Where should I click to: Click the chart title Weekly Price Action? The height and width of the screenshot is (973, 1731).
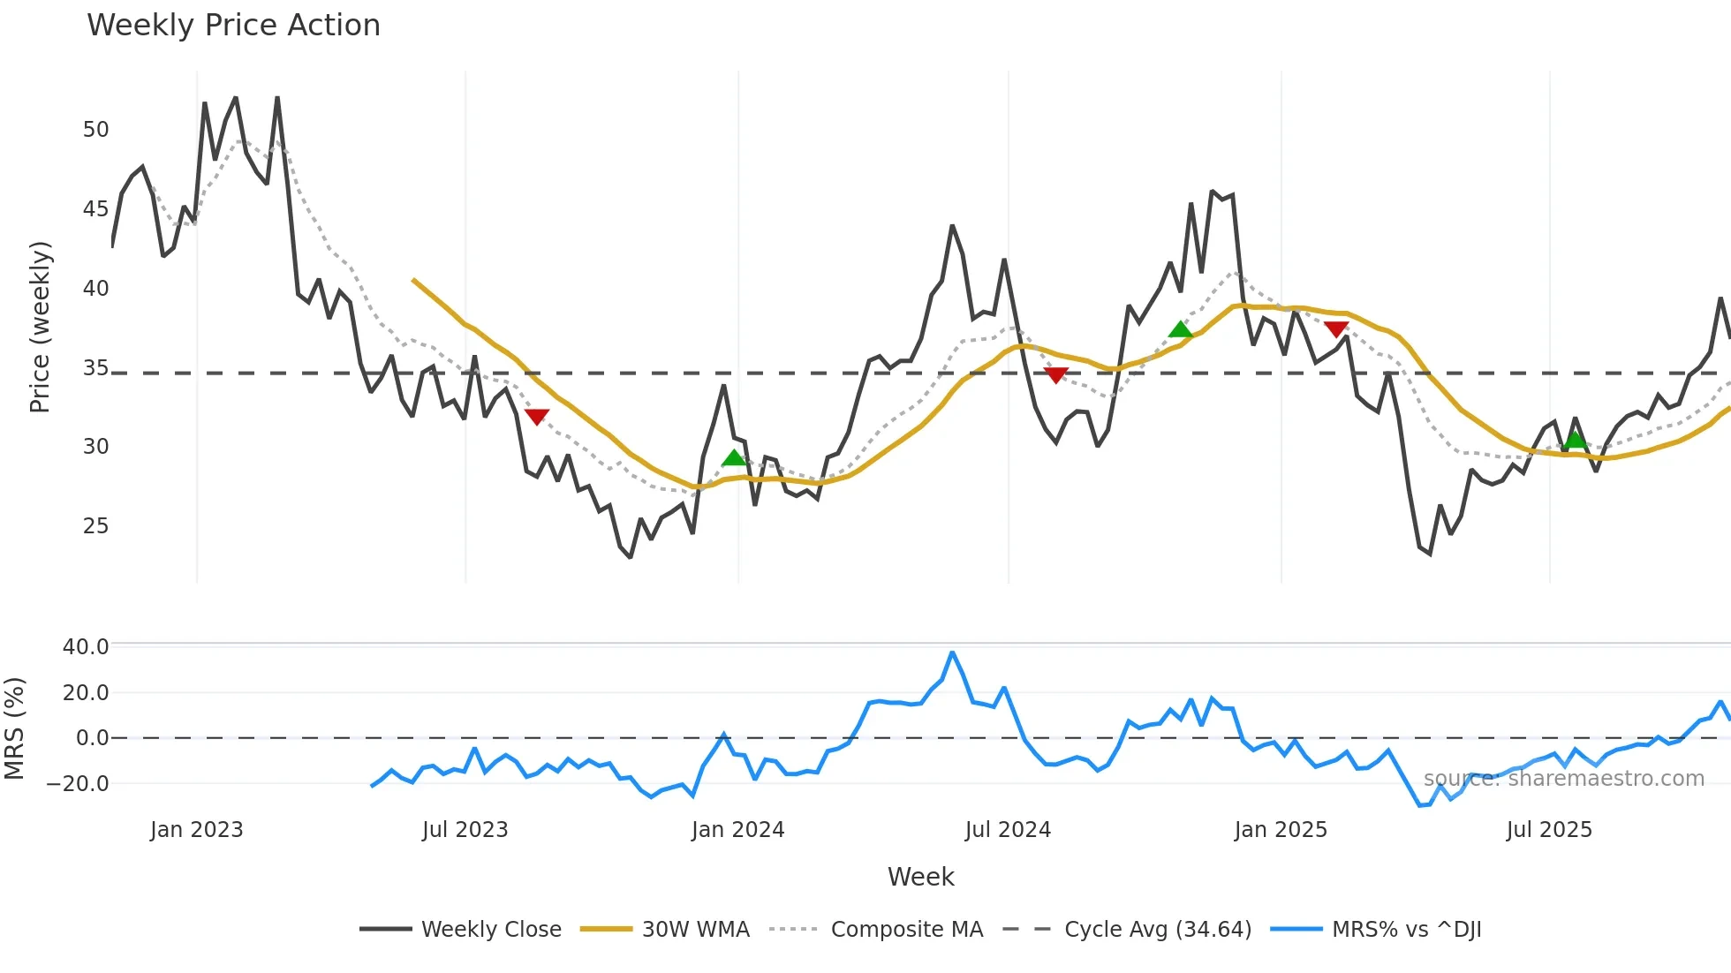point(233,26)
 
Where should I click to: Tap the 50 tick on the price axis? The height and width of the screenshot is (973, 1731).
point(95,130)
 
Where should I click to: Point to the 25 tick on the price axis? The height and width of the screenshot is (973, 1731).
point(95,526)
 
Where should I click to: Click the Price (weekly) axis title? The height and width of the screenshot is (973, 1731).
point(40,327)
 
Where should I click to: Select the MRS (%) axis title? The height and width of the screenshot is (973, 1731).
point(14,728)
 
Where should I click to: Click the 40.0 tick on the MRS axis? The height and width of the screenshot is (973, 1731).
point(86,647)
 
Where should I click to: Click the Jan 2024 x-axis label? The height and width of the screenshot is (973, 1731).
point(737,830)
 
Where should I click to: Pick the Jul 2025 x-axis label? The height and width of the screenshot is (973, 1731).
point(1549,830)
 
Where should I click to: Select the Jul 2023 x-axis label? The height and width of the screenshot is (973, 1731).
point(465,830)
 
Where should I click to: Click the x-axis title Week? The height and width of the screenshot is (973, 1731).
point(920,877)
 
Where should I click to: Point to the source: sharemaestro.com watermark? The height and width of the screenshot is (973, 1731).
point(1563,779)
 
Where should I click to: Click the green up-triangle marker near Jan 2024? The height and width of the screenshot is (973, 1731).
point(734,457)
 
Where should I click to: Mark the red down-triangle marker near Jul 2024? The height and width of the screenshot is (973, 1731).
point(1055,375)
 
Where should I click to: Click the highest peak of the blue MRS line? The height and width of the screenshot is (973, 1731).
point(952,652)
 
